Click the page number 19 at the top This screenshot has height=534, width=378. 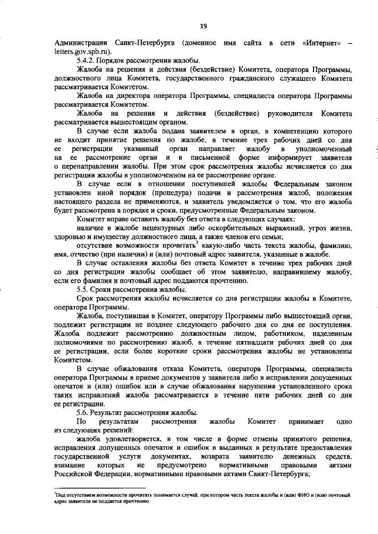coord(203,25)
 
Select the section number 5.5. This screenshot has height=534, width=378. coord(85,290)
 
